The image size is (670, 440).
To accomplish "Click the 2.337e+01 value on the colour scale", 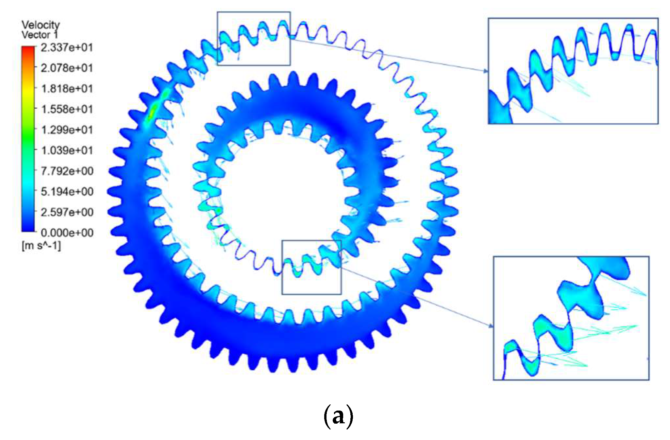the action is (x=67, y=48).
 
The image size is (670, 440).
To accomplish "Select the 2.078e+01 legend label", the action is (x=67, y=68).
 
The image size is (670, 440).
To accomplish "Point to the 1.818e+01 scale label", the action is (x=67, y=89).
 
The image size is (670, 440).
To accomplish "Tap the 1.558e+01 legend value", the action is (x=67, y=109).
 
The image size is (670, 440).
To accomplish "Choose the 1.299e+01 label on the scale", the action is (x=67, y=130).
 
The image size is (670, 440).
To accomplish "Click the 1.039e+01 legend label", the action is (x=67, y=150).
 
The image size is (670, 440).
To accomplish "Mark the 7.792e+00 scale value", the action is (x=67, y=171).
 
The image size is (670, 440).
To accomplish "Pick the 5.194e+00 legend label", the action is (x=67, y=192).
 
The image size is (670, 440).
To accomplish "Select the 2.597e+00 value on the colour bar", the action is (x=67, y=212).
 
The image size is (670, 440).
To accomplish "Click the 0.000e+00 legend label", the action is (x=67, y=233).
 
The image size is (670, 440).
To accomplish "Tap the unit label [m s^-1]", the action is (x=41, y=245).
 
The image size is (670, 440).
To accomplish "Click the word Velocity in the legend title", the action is (x=41, y=25).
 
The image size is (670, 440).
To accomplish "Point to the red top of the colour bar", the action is (x=28, y=50).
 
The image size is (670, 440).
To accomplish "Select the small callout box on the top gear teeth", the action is (x=254, y=39).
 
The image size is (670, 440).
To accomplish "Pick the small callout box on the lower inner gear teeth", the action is (x=311, y=267).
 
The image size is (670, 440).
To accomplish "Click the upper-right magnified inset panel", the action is (x=573, y=71).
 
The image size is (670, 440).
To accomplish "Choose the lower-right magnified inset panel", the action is (x=571, y=318).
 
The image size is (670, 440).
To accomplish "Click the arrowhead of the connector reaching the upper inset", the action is (x=486, y=71).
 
